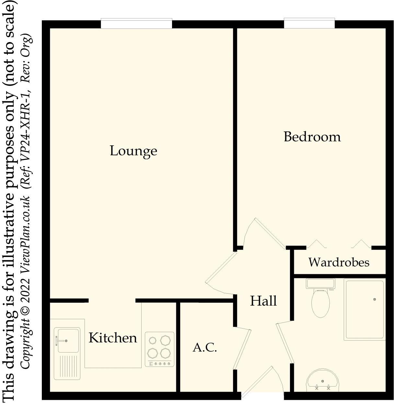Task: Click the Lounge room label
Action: pos(133,151)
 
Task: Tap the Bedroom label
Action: pos(312,137)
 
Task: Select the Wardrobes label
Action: pos(339,262)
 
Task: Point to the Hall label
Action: pos(263,301)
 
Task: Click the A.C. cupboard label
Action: pos(205,348)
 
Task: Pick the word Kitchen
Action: pos(113,338)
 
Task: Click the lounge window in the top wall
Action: pos(136,24)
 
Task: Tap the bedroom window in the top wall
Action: pos(309,24)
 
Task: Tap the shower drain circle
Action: pos(375,299)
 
